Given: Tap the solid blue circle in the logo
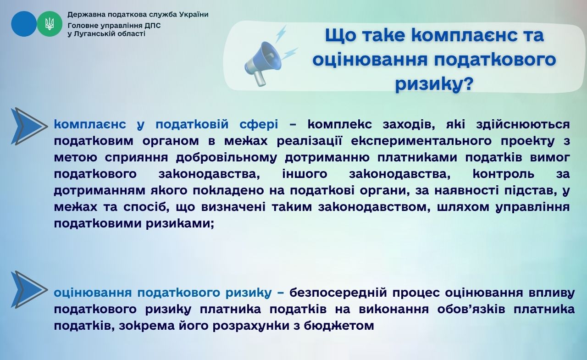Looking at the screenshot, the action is [x=24, y=24].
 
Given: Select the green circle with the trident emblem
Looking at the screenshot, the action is [x=50, y=24].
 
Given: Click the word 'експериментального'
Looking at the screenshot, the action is [x=421, y=142].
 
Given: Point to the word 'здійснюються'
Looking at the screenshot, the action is [x=523, y=125].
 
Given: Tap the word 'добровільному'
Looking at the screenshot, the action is [x=227, y=158].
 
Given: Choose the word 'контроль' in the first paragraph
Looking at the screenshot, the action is [x=504, y=174].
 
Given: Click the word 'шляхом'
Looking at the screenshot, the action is [x=463, y=207].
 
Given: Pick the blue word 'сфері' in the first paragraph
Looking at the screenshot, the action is [x=259, y=125].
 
